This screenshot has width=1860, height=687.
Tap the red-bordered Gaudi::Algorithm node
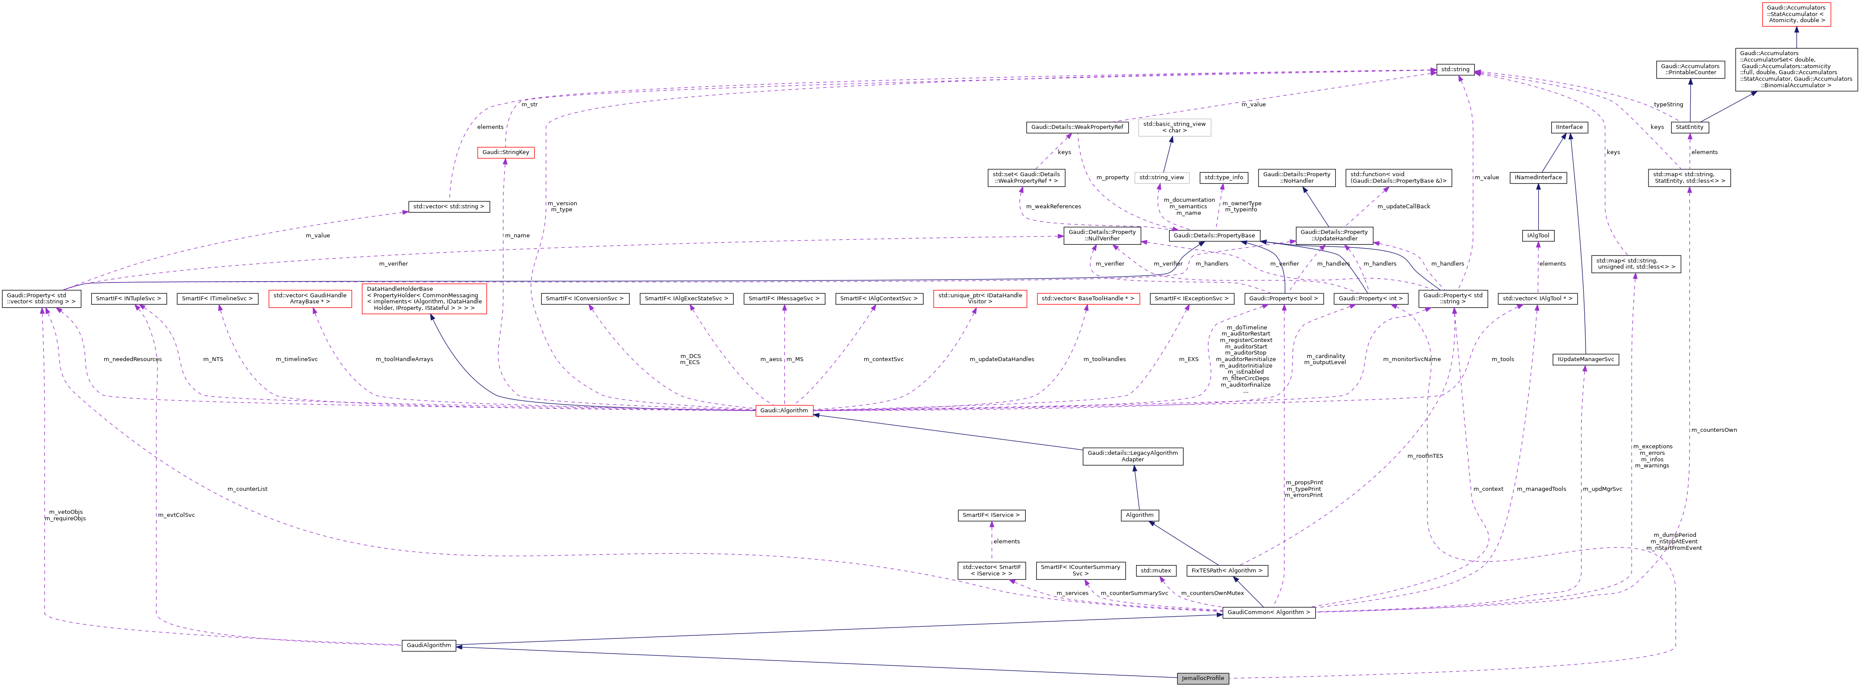784,411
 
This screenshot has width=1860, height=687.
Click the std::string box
1454,69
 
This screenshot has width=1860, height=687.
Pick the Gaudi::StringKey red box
505,152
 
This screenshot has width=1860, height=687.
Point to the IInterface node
1569,127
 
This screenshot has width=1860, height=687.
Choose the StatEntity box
1690,127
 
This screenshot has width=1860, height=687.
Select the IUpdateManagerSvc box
1585,359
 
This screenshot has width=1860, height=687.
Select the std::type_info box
1224,178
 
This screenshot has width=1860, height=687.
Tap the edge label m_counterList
247,489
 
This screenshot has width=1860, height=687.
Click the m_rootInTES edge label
1424,456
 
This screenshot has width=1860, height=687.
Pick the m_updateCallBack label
1403,207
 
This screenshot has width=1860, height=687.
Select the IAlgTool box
1538,236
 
